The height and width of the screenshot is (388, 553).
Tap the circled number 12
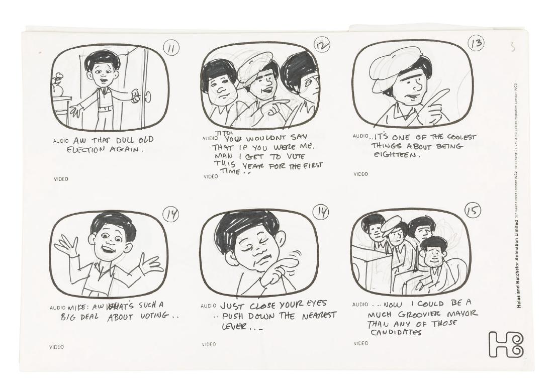coord(321,45)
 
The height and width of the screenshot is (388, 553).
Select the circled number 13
coord(476,44)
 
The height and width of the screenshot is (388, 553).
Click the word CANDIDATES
coord(397,332)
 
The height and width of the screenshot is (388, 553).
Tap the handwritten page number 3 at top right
coord(512,48)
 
